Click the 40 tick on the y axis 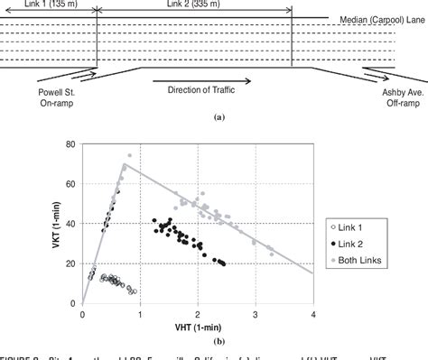click(x=70, y=224)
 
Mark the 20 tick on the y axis click(x=70, y=263)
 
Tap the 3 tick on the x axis click(x=256, y=314)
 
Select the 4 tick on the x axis click(x=312, y=314)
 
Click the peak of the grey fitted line click(x=124, y=164)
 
